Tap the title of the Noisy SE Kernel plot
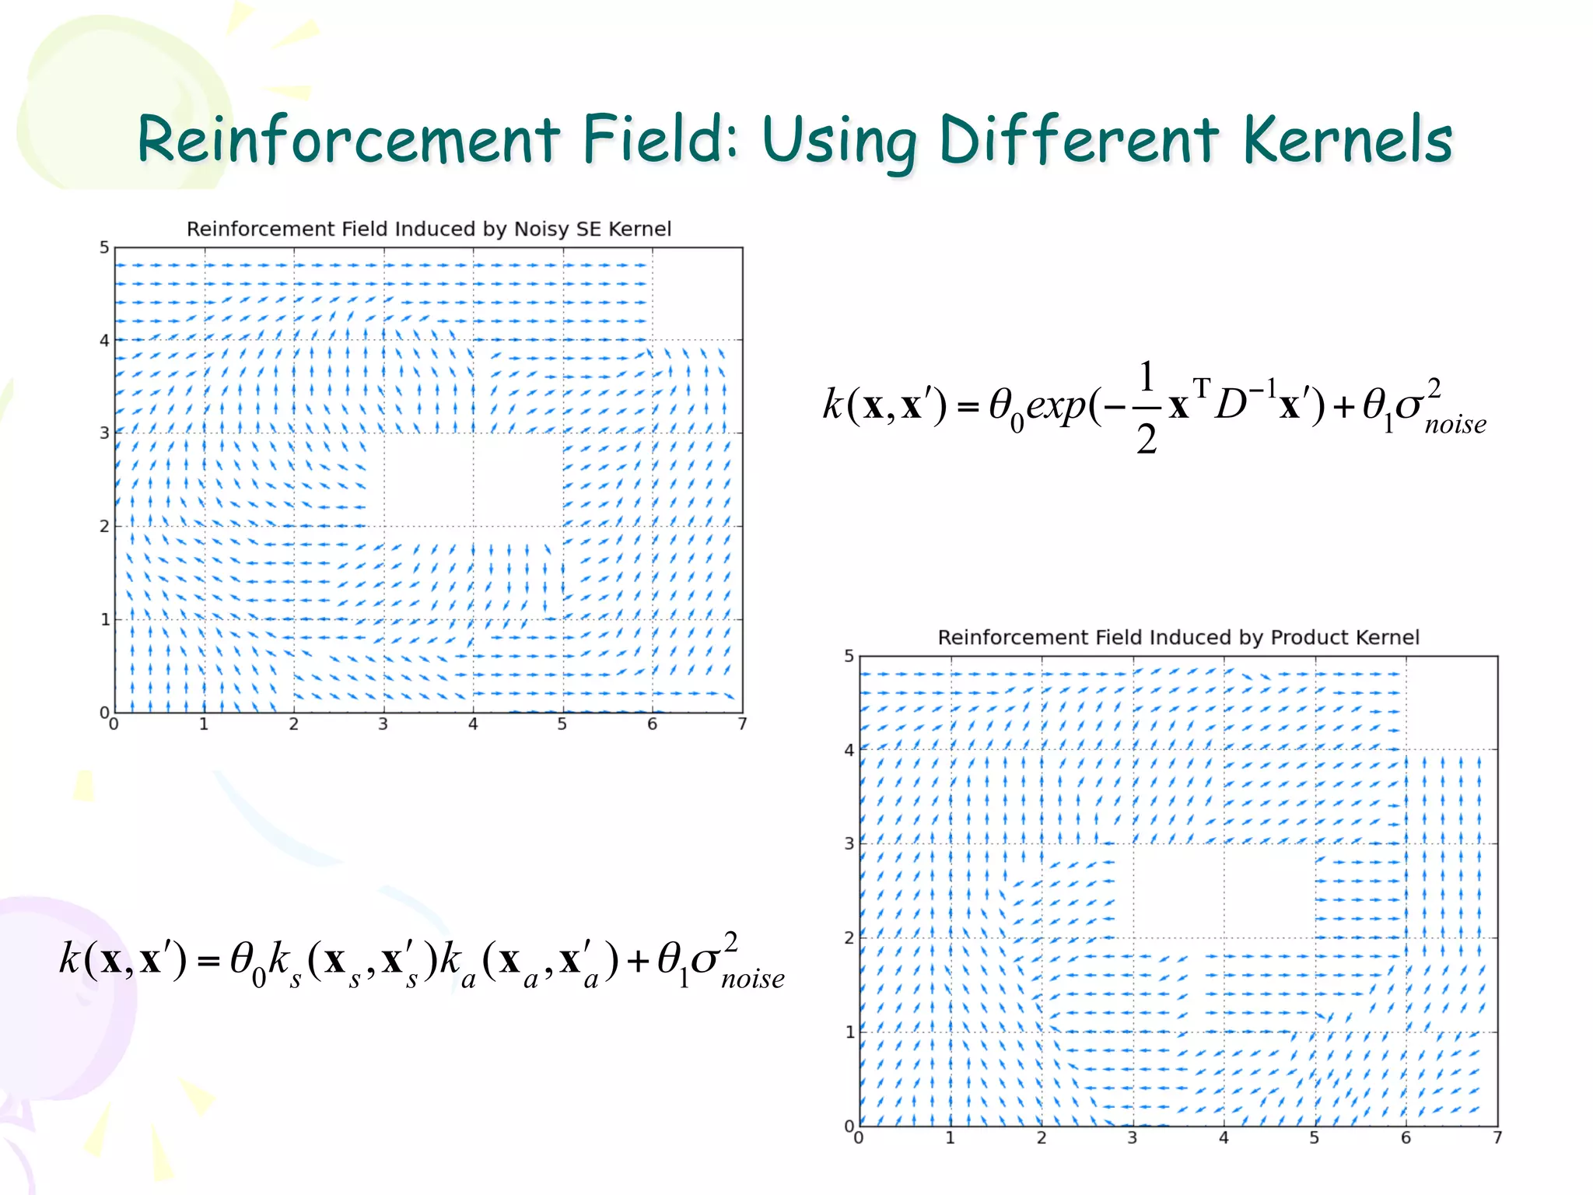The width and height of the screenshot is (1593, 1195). pyautogui.click(x=429, y=229)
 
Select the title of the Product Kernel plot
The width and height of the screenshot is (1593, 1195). pyautogui.click(x=1178, y=637)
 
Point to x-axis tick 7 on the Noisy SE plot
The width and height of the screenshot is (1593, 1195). pyautogui.click(x=742, y=724)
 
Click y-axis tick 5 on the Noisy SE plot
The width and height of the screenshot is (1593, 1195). pyautogui.click(x=104, y=247)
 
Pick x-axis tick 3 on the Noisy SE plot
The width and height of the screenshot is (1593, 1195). pyautogui.click(x=383, y=724)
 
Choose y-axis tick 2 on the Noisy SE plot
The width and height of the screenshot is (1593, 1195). pyautogui.click(x=104, y=526)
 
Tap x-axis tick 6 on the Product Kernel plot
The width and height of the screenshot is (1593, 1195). pyautogui.click(x=1406, y=1138)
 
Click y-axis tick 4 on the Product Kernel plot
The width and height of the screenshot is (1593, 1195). pyautogui.click(x=849, y=750)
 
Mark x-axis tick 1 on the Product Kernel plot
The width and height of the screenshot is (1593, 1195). pyautogui.click(x=950, y=1138)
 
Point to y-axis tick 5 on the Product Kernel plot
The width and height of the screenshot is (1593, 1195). pyautogui.click(x=849, y=657)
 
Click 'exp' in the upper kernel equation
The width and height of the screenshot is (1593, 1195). pyautogui.click(x=1056, y=405)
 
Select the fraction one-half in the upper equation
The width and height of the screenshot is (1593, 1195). pyautogui.click(x=1146, y=407)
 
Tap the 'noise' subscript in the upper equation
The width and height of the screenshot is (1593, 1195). pyautogui.click(x=1455, y=425)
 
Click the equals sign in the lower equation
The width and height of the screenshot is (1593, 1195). pyautogui.click(x=208, y=962)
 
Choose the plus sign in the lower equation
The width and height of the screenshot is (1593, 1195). pyautogui.click(x=638, y=962)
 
